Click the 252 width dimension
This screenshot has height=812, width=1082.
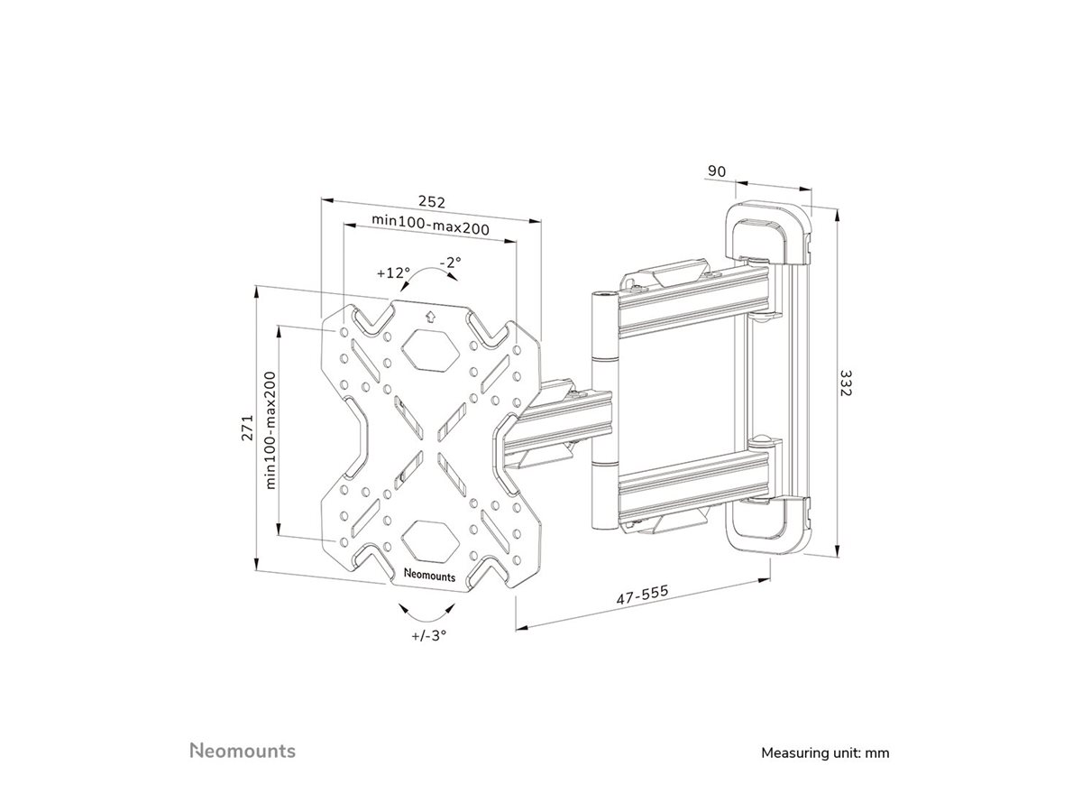[430, 201]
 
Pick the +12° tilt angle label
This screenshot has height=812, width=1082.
[393, 272]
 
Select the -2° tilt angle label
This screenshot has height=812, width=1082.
[451, 262]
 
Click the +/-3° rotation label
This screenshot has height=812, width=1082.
[429, 634]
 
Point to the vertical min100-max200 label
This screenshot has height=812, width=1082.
[270, 430]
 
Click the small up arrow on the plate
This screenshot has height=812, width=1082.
[429, 316]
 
